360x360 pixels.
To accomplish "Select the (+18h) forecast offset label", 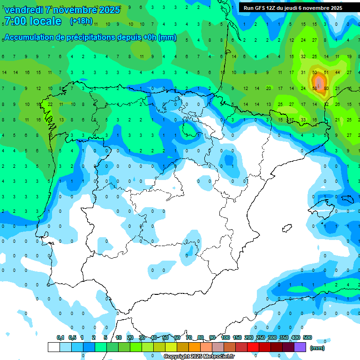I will point(81,21).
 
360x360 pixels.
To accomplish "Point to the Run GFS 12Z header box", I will point(293,8).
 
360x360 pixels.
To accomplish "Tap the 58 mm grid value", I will point(315,88).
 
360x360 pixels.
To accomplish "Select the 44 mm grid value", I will point(337,73).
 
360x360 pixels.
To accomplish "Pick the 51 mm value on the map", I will point(326,73).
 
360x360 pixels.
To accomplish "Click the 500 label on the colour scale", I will point(307,338).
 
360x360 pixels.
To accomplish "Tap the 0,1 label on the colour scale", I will point(60,338).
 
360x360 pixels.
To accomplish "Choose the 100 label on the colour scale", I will point(225,338).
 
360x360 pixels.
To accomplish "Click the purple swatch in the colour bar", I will point(300,347).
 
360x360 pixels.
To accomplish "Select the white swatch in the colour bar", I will point(54,347).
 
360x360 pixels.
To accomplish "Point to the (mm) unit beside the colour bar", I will point(317,348).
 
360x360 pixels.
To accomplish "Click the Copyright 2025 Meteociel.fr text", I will point(199,357).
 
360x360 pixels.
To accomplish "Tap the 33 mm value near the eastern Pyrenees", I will point(303,120).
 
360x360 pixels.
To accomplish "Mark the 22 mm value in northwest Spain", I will point(49,104).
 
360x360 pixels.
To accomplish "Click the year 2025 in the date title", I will point(109,9).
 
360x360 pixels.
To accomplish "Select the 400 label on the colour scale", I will point(295,338).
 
